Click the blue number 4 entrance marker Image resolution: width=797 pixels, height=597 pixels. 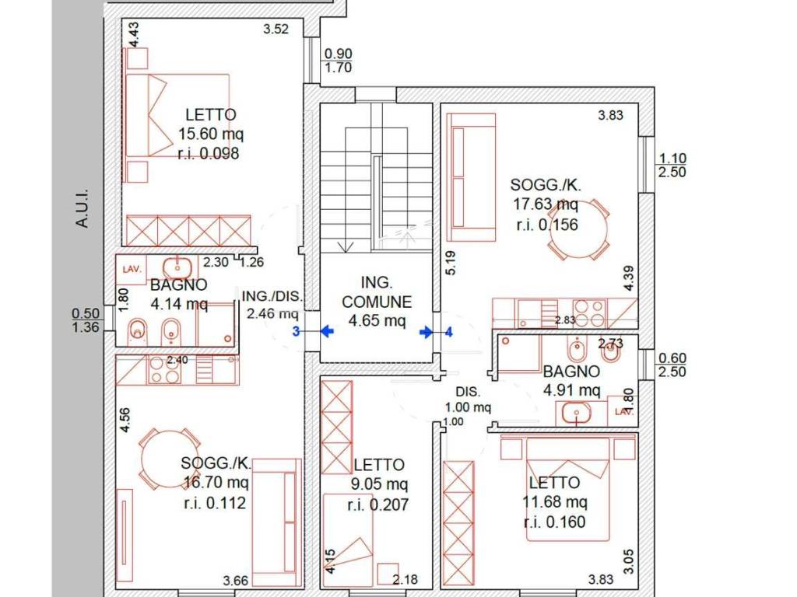(x=448, y=332)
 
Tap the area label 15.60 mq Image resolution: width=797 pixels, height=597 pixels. (x=210, y=134)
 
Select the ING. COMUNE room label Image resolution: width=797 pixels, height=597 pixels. (x=377, y=292)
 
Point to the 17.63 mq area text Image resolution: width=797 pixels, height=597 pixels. (x=546, y=204)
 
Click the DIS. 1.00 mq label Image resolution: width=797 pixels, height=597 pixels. (x=468, y=400)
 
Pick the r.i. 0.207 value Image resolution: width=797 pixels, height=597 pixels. (x=378, y=504)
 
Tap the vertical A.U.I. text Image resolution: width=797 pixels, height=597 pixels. (x=82, y=208)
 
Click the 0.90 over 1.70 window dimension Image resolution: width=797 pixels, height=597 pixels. (x=338, y=61)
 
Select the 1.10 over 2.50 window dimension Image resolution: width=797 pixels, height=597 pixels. (x=672, y=166)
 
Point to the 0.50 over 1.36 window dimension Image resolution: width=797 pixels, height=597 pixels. (x=86, y=321)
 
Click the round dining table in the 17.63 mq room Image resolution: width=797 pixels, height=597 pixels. (x=579, y=229)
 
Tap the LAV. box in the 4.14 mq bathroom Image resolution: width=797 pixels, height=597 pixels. (x=132, y=269)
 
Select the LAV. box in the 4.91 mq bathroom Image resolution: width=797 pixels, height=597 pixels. (x=623, y=411)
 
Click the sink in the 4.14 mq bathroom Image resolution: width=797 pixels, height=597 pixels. (x=177, y=266)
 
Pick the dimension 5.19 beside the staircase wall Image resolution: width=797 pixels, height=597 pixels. (x=451, y=263)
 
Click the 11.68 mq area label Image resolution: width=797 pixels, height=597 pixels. (x=555, y=502)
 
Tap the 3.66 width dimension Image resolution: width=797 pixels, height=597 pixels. (x=235, y=580)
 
